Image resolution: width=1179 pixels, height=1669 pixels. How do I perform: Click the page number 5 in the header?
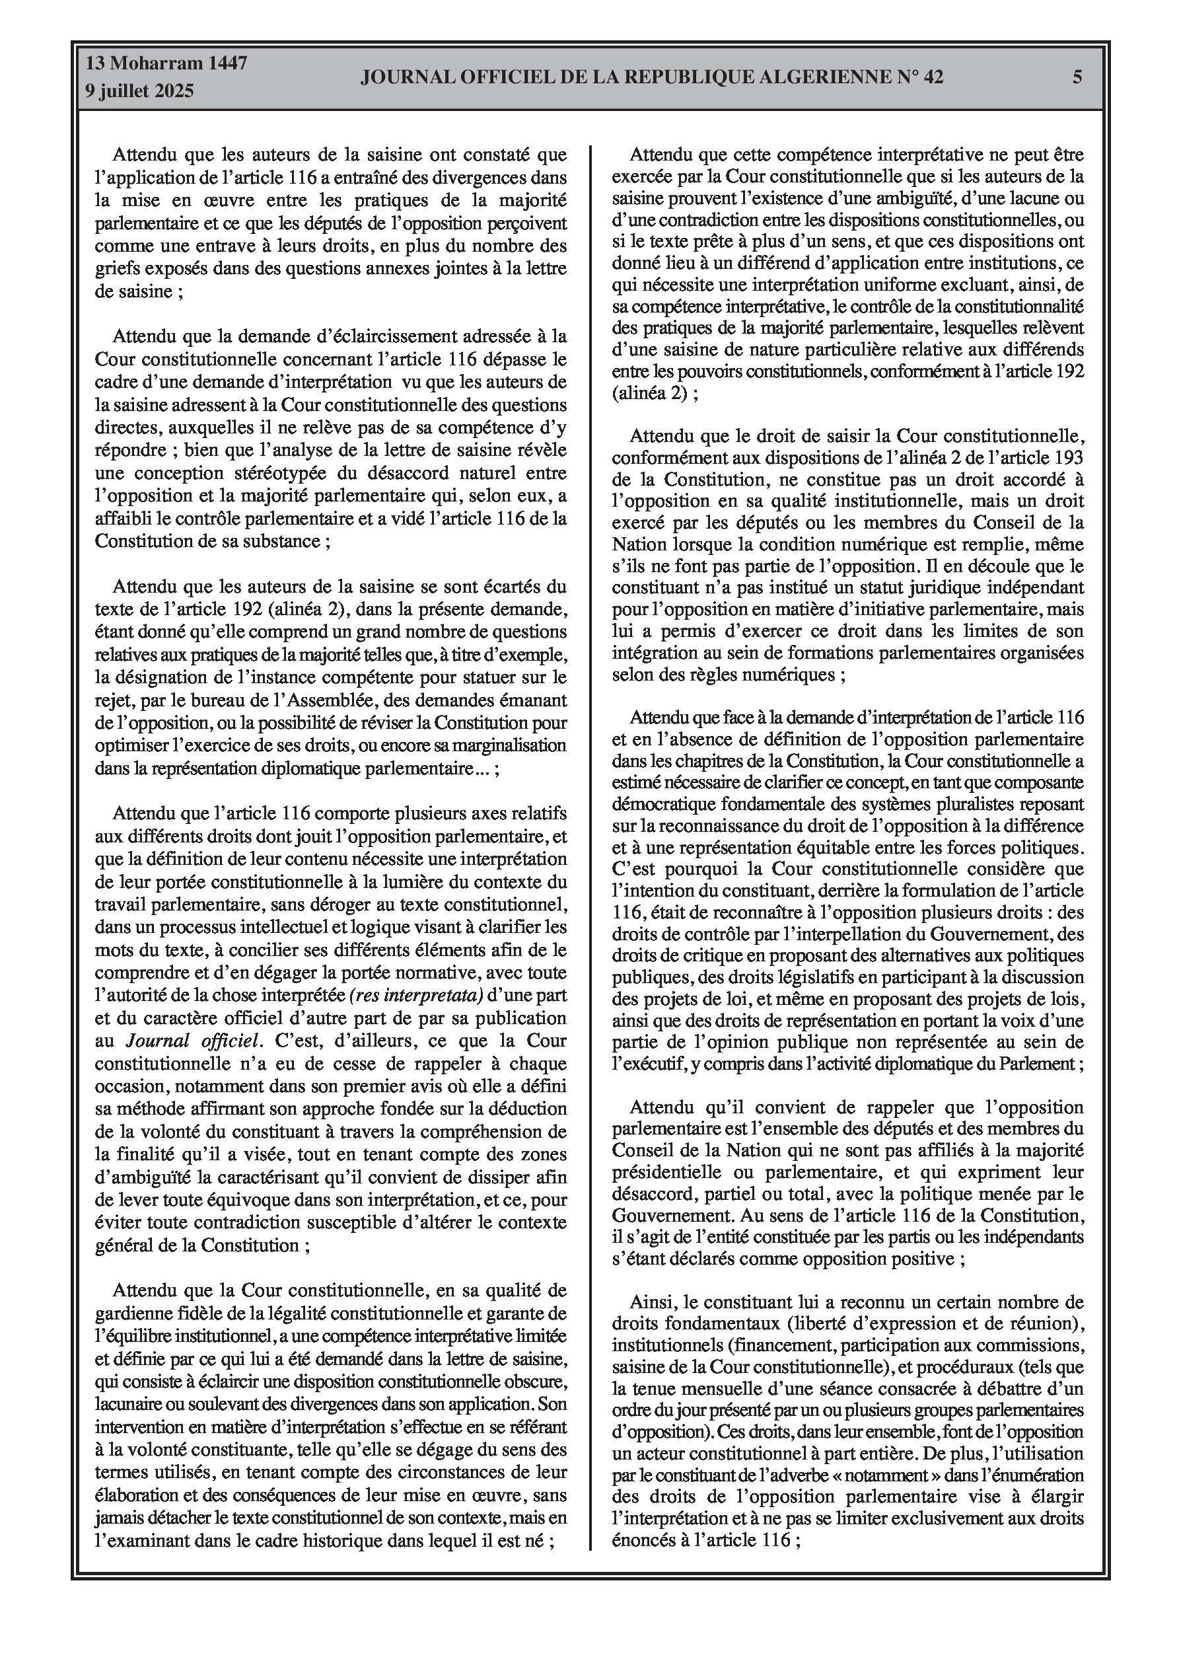click(1077, 77)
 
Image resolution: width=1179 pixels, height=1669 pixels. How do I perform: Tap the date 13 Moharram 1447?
click(166, 63)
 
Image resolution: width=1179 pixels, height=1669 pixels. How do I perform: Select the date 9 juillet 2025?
click(139, 92)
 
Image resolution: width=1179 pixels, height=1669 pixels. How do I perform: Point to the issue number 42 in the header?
click(933, 77)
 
